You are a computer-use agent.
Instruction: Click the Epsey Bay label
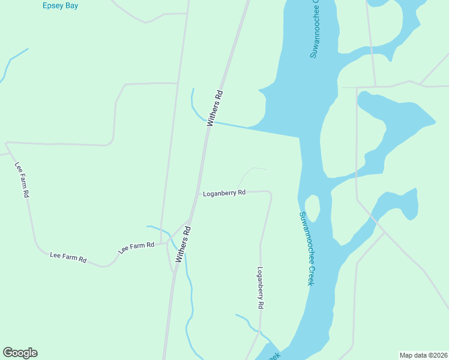tap(61, 5)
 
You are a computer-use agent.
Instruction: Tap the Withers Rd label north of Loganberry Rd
tap(215, 108)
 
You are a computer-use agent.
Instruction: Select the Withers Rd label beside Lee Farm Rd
tap(184, 244)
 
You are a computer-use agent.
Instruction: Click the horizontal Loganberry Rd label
tap(224, 193)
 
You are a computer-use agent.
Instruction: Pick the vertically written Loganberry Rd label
tap(261, 287)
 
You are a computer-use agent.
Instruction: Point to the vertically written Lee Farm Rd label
tap(22, 179)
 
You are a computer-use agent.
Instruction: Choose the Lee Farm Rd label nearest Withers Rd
tap(136, 247)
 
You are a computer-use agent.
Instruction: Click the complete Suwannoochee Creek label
tap(307, 248)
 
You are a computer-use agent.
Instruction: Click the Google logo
tap(20, 353)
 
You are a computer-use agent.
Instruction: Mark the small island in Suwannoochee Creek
tap(312, 207)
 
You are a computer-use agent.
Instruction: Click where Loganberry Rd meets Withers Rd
tap(198, 193)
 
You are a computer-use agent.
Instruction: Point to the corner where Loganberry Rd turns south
tap(270, 194)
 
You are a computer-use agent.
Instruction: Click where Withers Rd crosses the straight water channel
tap(208, 122)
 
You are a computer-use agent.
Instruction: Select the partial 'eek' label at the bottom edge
tap(273, 355)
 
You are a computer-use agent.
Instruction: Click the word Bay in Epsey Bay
tap(73, 5)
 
